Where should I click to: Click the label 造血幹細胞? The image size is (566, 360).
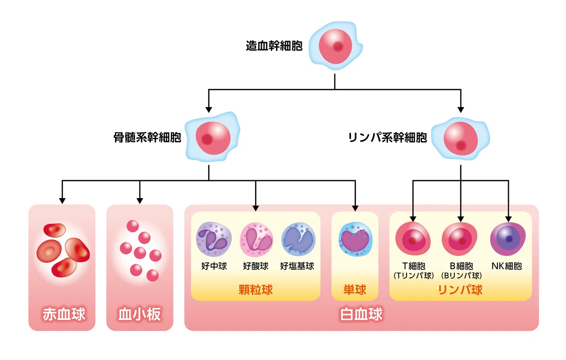[x=274, y=46]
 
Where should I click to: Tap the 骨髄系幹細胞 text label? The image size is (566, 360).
[x=147, y=137]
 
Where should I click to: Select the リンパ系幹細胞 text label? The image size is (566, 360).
[x=387, y=137]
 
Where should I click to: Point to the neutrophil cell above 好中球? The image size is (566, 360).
[x=214, y=239]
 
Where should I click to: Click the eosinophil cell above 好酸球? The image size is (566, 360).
[x=256, y=239]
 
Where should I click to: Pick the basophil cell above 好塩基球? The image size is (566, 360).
[x=299, y=239]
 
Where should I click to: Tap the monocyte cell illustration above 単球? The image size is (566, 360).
[x=355, y=239]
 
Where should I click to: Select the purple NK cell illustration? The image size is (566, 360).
[x=508, y=239]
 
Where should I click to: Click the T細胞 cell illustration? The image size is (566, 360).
[x=413, y=238]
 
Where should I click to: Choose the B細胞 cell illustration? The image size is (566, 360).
[x=459, y=238]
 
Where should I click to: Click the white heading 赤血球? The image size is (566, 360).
[x=64, y=314]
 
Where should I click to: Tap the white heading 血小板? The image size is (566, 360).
[x=140, y=314]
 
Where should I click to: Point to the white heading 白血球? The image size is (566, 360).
[x=361, y=314]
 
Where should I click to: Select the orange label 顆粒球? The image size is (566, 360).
[x=256, y=290]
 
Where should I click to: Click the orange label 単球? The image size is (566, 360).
[x=355, y=290]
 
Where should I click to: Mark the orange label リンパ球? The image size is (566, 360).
[x=460, y=290]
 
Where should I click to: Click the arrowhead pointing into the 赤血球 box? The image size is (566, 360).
[x=62, y=201]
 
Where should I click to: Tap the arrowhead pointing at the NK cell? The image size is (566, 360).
[x=508, y=219]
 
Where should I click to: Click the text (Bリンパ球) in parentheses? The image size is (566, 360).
[x=461, y=276]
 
